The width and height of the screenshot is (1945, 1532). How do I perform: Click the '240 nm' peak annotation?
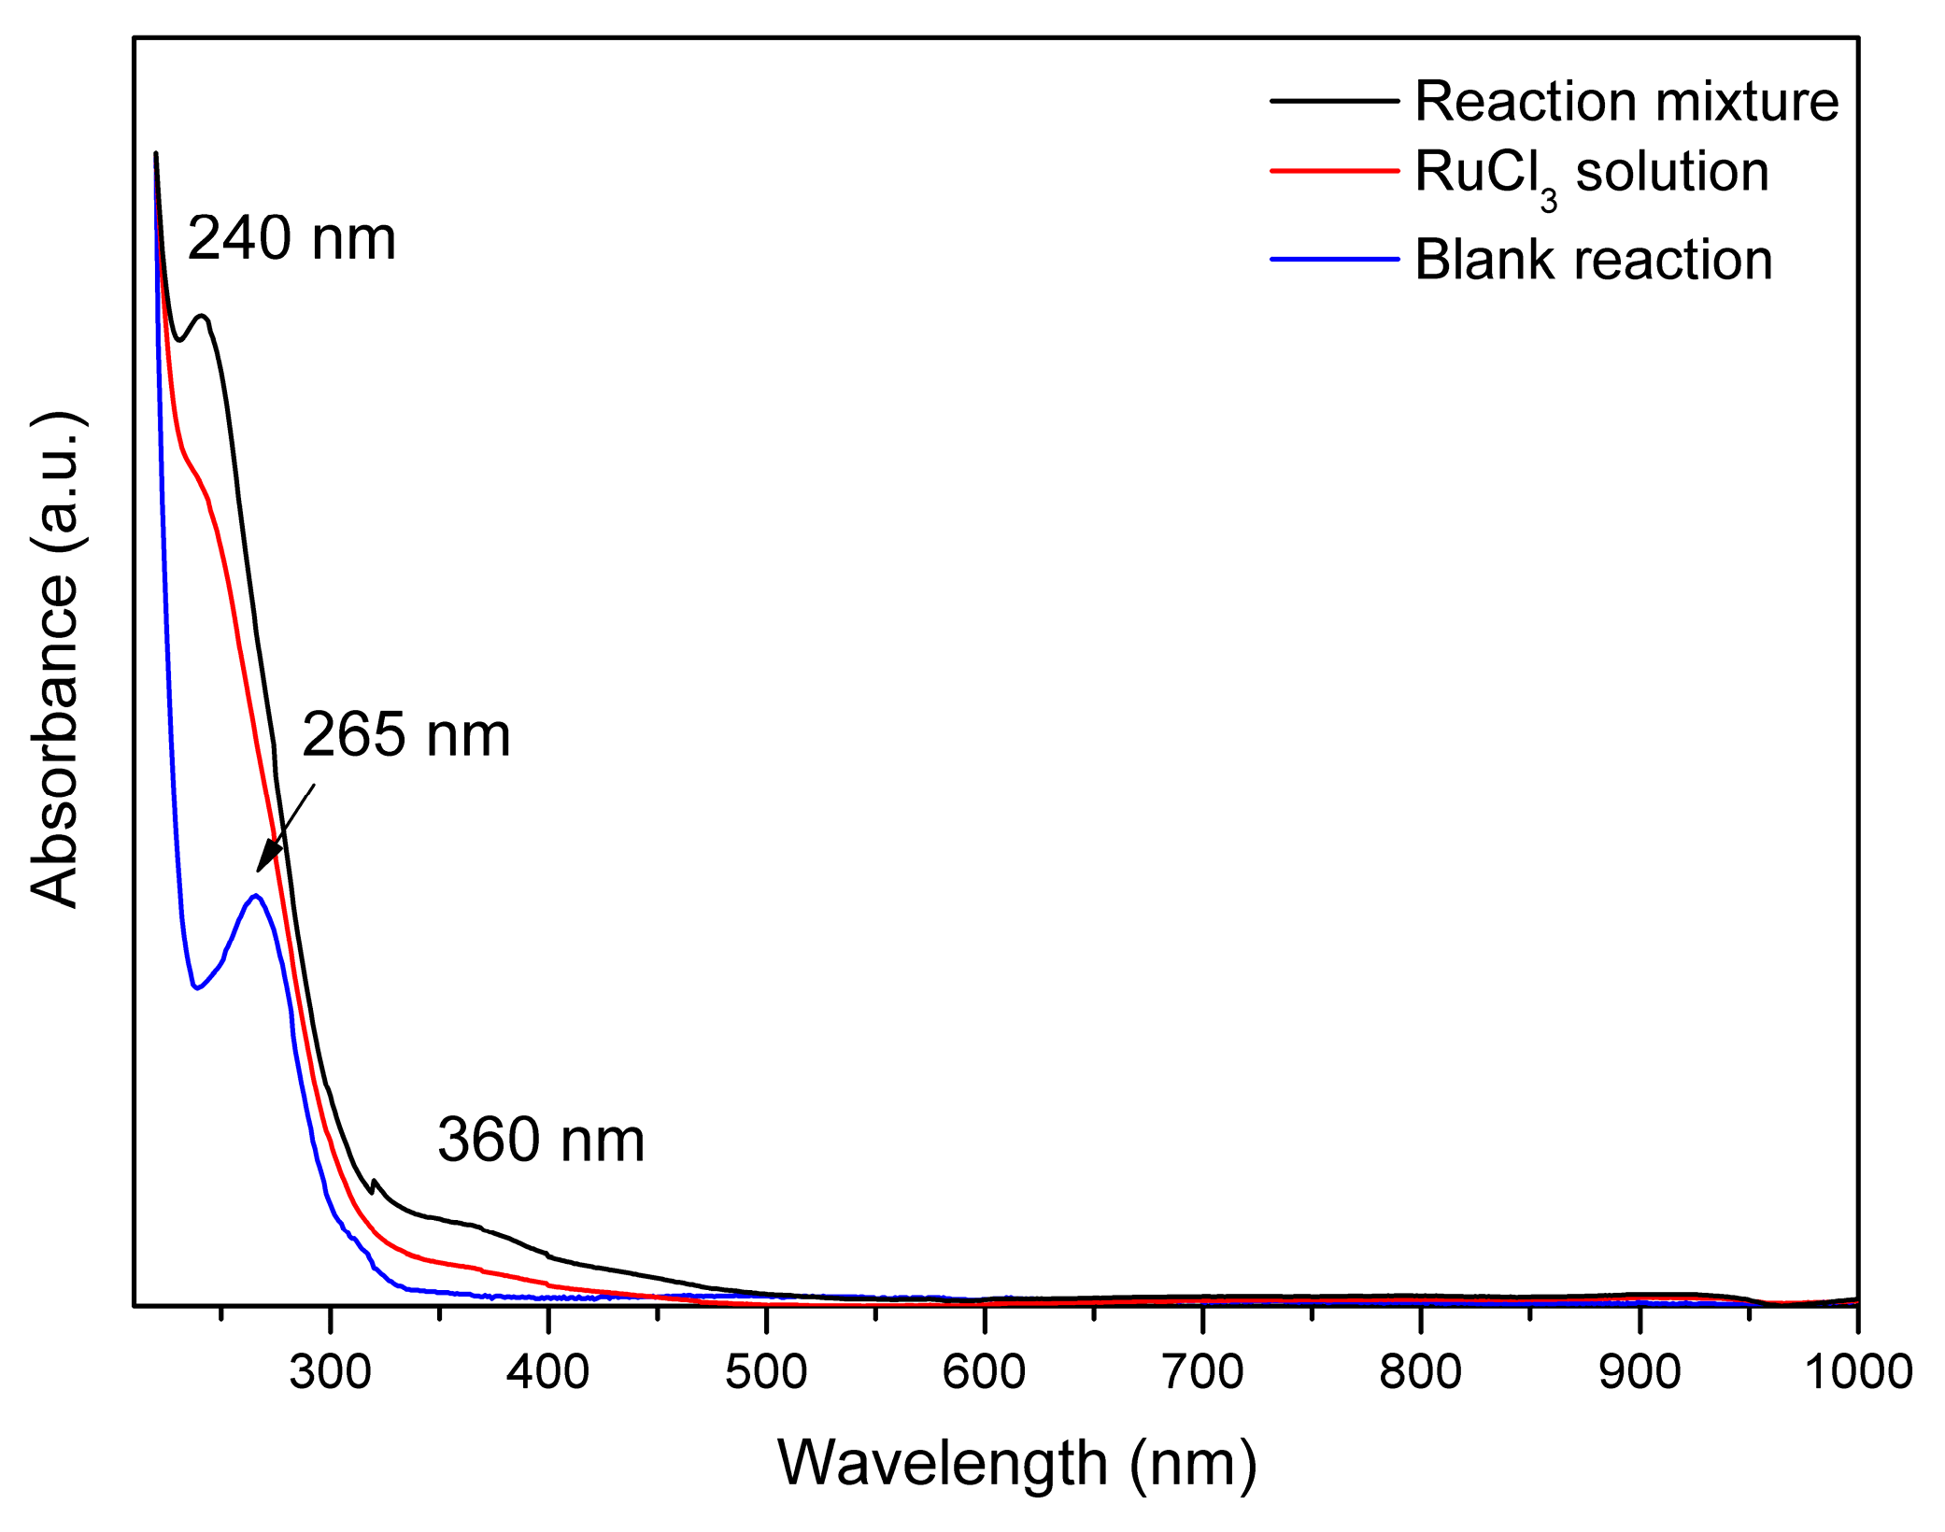tap(291, 238)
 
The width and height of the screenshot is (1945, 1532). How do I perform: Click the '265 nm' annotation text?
tap(405, 734)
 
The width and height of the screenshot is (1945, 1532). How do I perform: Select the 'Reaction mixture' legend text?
tap(1626, 101)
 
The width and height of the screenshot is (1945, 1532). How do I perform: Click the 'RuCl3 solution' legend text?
tap(1591, 173)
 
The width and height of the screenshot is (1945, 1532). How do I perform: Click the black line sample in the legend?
tap(1334, 101)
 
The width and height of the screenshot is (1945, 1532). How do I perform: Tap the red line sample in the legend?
tap(1334, 171)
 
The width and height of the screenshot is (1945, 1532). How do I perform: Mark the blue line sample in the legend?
tap(1334, 259)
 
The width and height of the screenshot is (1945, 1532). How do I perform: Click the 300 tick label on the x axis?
tap(330, 1371)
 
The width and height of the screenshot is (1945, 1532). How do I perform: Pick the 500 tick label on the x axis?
tap(766, 1371)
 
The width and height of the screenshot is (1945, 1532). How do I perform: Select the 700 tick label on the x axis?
tap(1202, 1371)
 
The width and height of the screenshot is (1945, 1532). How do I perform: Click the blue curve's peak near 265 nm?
tap(255, 896)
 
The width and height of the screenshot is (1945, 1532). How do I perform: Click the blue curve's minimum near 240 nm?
tap(196, 988)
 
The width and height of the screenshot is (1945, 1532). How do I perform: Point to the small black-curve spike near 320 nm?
tap(375, 1182)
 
